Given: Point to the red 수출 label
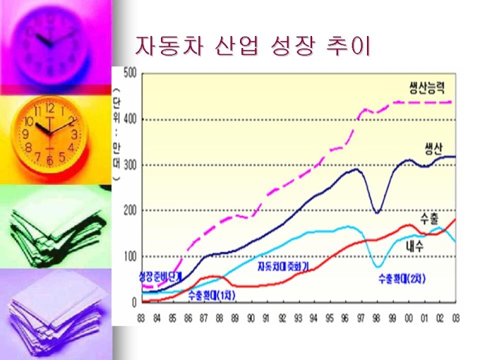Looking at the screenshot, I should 429,215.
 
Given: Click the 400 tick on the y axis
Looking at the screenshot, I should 129,119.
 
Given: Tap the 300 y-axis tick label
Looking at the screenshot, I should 129,165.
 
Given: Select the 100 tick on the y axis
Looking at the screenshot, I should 129,257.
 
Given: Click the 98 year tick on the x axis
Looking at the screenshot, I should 378,317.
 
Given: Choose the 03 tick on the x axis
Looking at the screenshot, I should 455,317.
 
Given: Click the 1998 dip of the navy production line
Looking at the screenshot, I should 378,212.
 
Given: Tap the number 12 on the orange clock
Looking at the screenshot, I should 49,109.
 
